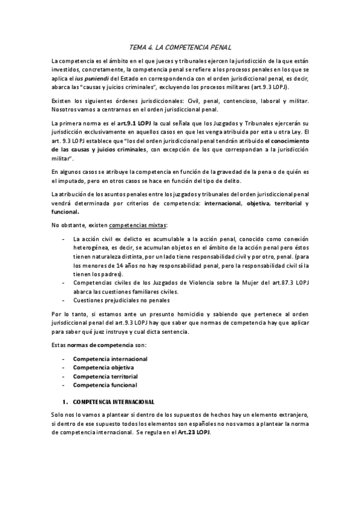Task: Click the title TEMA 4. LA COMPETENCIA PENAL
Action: point(180,46)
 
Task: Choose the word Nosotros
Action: point(65,108)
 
